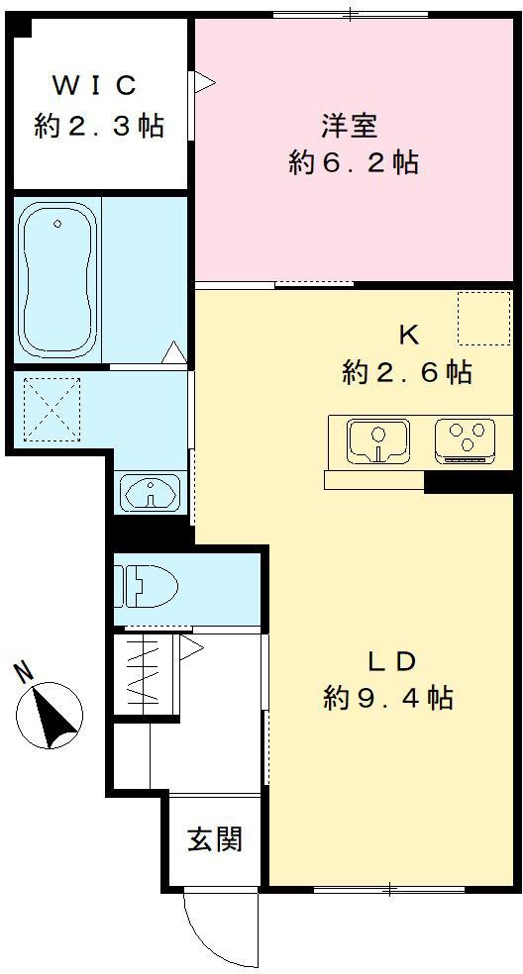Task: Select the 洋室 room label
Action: [x=349, y=127]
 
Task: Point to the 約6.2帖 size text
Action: [x=352, y=163]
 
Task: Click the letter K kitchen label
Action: [x=408, y=337]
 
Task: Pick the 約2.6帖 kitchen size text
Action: [x=406, y=373]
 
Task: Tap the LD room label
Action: [x=391, y=662]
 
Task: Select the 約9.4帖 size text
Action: [x=388, y=699]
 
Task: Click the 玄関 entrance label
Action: [x=214, y=840]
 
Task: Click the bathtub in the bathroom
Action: [x=57, y=279]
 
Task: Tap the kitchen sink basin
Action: [x=377, y=441]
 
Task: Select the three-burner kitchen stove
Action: [x=466, y=441]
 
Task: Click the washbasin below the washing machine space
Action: [x=150, y=492]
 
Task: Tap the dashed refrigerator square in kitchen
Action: [x=483, y=318]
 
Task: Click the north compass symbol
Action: [x=51, y=716]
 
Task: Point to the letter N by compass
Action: [x=24, y=672]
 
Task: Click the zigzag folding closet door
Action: [x=143, y=675]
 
